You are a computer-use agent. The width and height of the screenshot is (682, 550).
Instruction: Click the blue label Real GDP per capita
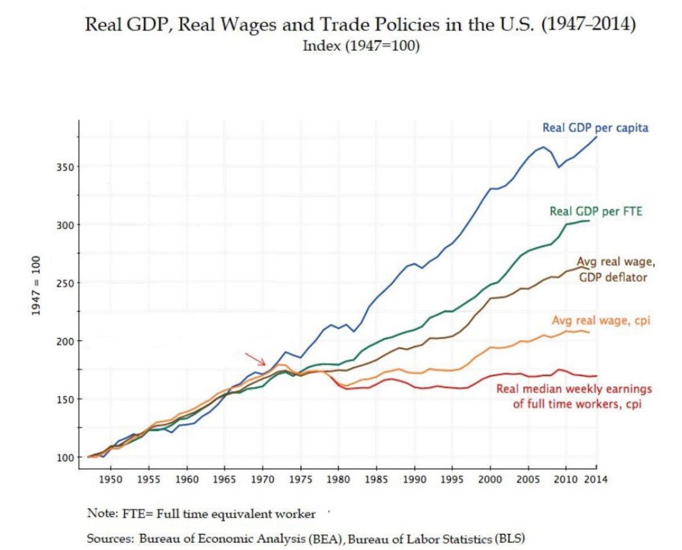(595, 128)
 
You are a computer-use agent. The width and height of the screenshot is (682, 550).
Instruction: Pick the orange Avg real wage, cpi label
(601, 321)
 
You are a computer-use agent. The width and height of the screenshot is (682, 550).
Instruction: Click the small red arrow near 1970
(256, 359)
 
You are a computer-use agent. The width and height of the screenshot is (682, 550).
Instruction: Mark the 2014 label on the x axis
(596, 479)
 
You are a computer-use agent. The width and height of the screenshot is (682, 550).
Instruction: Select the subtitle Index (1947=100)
(361, 46)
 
